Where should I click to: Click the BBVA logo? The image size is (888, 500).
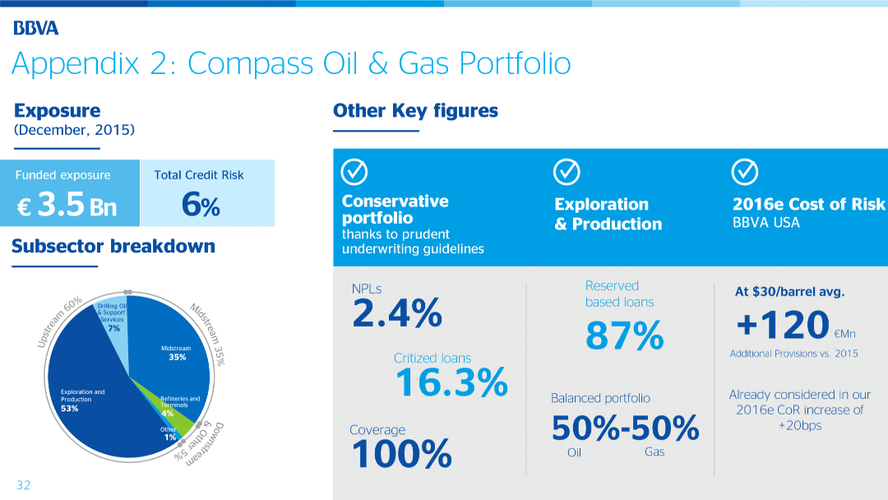pyautogui.click(x=36, y=29)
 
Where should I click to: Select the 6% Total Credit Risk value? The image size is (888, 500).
pyautogui.click(x=200, y=206)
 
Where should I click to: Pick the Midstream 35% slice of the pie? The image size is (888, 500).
pyautogui.click(x=164, y=345)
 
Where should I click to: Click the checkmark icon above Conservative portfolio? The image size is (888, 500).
pyautogui.click(x=354, y=171)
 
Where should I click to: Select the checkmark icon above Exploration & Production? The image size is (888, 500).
pyautogui.click(x=567, y=171)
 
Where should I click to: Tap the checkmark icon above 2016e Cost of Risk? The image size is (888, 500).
pyautogui.click(x=744, y=171)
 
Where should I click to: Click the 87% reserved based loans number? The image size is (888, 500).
pyautogui.click(x=624, y=336)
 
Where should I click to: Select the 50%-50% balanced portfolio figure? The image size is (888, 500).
pyautogui.click(x=625, y=428)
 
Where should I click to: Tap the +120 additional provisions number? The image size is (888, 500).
pyautogui.click(x=783, y=324)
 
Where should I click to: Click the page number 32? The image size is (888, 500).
pyautogui.click(x=23, y=485)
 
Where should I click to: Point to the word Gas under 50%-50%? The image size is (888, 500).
pyautogui.click(x=654, y=452)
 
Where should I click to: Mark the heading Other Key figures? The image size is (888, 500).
pyautogui.click(x=415, y=110)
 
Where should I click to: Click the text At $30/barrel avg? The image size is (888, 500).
pyautogui.click(x=789, y=291)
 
